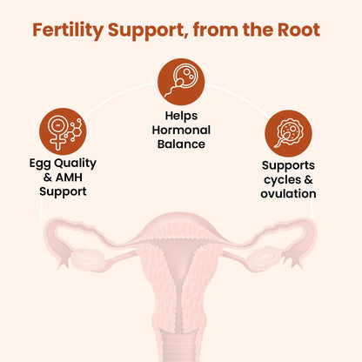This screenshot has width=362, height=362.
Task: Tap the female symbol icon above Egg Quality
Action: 62,130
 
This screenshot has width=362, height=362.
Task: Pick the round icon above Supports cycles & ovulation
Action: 288,132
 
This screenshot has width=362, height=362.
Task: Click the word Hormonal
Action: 181,129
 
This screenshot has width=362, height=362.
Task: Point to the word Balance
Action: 181,144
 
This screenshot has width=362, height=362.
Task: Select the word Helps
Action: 181,115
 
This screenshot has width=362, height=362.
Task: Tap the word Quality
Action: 75,162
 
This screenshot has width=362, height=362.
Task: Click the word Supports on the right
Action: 288,164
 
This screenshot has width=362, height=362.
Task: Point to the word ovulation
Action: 288,193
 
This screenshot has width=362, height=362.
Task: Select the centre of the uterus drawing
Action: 181,278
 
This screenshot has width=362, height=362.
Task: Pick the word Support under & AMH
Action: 62,191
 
